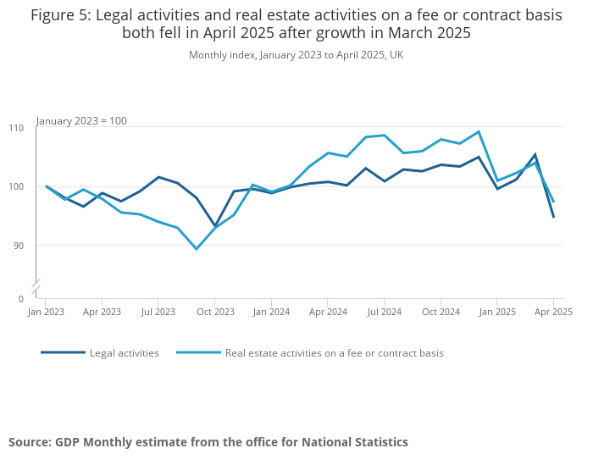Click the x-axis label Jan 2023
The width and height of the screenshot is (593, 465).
click(46, 312)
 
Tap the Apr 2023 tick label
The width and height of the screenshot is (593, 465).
click(103, 312)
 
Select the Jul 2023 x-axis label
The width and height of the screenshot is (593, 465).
click(158, 312)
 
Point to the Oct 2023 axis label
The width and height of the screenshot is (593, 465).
click(215, 312)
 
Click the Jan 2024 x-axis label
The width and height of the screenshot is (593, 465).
click(271, 312)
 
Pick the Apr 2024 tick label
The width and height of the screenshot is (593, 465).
click(328, 312)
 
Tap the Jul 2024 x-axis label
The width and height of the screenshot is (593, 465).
click(384, 312)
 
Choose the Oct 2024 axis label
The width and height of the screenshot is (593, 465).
click(441, 312)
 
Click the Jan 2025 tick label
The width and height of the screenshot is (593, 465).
click(497, 312)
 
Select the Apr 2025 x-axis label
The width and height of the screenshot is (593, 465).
click(553, 312)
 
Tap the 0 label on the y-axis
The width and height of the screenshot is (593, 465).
click(21, 299)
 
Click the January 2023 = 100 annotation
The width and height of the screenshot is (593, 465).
click(81, 121)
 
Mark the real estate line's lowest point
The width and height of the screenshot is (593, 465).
click(197, 249)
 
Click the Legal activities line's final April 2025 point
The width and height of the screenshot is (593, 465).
click(553, 217)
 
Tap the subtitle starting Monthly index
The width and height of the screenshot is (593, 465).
click(296, 55)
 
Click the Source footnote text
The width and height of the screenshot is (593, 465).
click(208, 442)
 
